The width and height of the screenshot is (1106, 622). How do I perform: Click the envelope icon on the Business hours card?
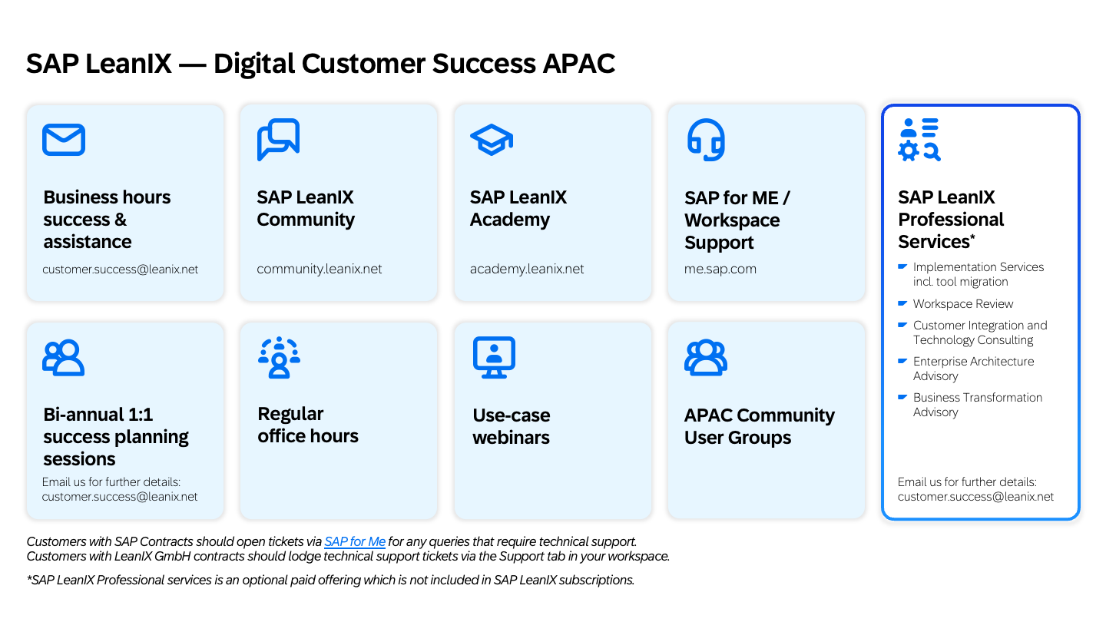pyautogui.click(x=64, y=140)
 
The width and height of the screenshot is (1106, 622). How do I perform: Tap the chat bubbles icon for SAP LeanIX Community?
pyautogui.click(x=279, y=140)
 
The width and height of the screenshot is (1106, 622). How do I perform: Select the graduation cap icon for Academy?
pyautogui.click(x=492, y=140)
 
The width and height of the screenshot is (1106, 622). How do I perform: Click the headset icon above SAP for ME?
pyautogui.click(x=706, y=140)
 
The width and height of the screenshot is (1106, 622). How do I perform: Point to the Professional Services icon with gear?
pyautogui.click(x=919, y=140)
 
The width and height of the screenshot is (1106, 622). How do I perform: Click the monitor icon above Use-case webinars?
pyautogui.click(x=495, y=357)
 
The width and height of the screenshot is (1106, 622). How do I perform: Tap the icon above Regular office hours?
pyautogui.click(x=279, y=357)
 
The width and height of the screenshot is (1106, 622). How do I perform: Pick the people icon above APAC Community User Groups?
pyautogui.click(x=706, y=357)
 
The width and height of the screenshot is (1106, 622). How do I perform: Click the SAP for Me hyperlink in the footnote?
pyautogui.click(x=355, y=541)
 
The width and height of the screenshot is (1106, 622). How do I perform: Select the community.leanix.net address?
pyautogui.click(x=319, y=269)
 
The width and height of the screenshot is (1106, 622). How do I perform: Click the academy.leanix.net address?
pyautogui.click(x=527, y=269)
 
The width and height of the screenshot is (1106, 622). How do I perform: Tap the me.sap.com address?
pyautogui.click(x=720, y=269)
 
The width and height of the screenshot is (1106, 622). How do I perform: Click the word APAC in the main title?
pyautogui.click(x=578, y=64)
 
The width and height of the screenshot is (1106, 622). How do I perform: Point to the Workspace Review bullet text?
pyautogui.click(x=963, y=303)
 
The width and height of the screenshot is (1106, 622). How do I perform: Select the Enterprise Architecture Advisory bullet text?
pyautogui.click(x=973, y=369)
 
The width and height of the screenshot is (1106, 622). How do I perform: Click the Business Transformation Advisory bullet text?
pyautogui.click(x=978, y=404)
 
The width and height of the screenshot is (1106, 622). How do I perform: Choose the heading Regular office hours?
pyautogui.click(x=307, y=425)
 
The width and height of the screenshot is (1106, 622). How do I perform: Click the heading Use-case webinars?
pyautogui.click(x=511, y=426)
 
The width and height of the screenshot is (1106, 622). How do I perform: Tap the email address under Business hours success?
pyautogui.click(x=120, y=269)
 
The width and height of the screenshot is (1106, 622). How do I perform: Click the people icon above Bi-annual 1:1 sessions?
pyautogui.click(x=63, y=357)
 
